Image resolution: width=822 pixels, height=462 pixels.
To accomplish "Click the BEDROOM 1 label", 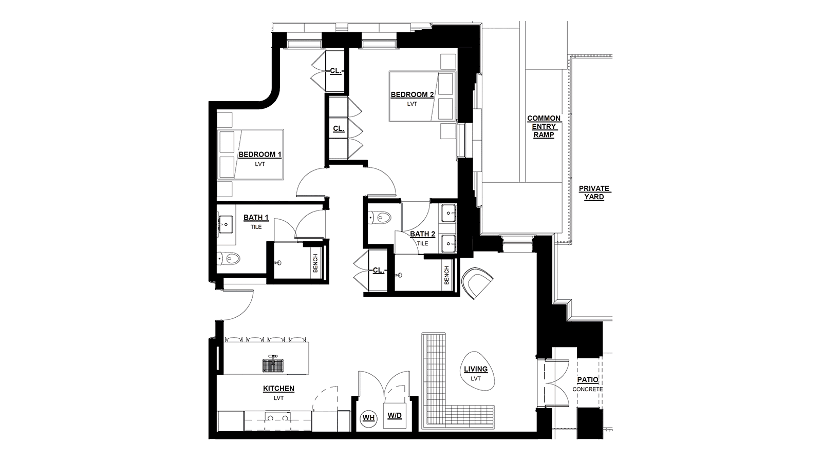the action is coord(260,155).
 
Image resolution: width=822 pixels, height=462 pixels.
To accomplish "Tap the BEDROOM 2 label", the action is coord(412,94).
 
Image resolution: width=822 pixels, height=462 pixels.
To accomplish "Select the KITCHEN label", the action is coord(278,388).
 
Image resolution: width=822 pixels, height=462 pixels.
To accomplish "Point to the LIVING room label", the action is coord(476,369).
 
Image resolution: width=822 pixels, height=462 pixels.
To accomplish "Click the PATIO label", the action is coord(588,379).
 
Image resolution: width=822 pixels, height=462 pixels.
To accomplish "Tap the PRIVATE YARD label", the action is coord(594,192).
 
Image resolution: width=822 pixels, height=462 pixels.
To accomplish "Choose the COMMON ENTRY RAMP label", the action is coord(544,126).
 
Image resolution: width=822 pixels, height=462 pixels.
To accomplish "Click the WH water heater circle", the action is coord(368,418).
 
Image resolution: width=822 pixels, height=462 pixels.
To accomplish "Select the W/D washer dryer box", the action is coord(395,415).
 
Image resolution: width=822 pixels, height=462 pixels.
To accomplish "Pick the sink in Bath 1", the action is coord(225,222).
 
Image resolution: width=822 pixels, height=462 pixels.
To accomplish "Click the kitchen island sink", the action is coord(273,364).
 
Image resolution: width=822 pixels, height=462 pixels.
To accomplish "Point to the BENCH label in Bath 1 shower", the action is coord(315,263).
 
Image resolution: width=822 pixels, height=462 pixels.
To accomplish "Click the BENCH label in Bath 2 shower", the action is coord(446,275).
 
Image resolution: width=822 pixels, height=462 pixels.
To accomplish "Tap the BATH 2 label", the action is coord(422,234).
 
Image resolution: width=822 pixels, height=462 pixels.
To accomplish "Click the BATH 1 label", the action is coord(256,218).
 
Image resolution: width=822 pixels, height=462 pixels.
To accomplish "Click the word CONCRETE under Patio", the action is coord(588,390).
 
